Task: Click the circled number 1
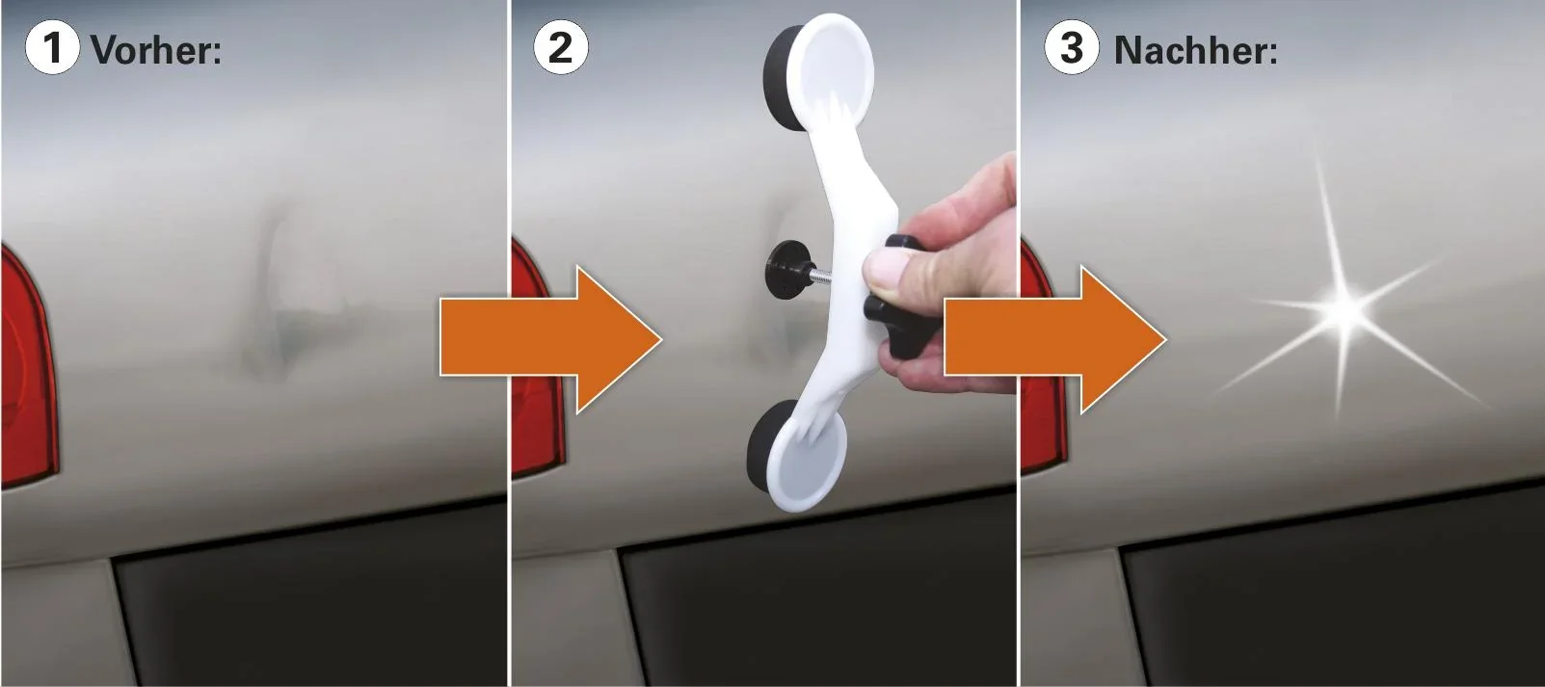coord(52,47)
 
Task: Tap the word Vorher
coord(155,50)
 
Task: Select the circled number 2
coord(561,47)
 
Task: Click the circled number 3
coord(1072,47)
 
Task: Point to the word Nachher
coord(1195,50)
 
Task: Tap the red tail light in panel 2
coord(528,366)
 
